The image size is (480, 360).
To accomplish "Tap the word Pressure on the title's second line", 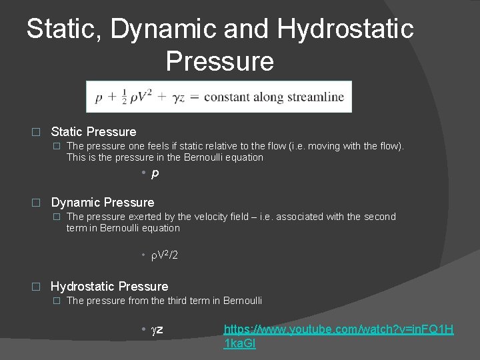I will coord(219,61).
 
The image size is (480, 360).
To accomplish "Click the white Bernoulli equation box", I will coord(219,97).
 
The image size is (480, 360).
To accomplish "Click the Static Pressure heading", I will coord(93,132).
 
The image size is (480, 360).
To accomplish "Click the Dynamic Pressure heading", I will coord(102,202).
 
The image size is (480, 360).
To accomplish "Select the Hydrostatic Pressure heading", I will coord(109,286).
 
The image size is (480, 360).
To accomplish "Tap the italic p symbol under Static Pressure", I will coord(155,174).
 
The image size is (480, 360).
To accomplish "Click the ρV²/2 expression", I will coord(162,255).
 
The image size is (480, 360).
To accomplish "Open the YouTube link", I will coord(338,336).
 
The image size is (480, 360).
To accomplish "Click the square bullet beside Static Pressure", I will coord(37,132).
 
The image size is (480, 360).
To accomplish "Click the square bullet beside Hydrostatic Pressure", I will coord(37,287).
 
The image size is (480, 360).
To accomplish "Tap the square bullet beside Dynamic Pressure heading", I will coord(37,203).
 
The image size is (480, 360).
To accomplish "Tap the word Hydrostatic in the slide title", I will coord(345,29).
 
